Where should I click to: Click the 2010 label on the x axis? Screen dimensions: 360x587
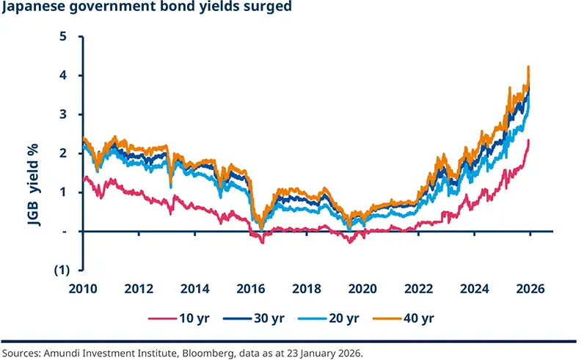pyautogui.click(x=81, y=288)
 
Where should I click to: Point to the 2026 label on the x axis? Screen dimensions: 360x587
pyautogui.click(x=530, y=288)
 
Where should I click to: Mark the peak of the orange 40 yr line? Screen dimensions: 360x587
pyautogui.click(x=528, y=67)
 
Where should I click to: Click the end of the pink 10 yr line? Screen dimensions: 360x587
pyautogui.click(x=528, y=140)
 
